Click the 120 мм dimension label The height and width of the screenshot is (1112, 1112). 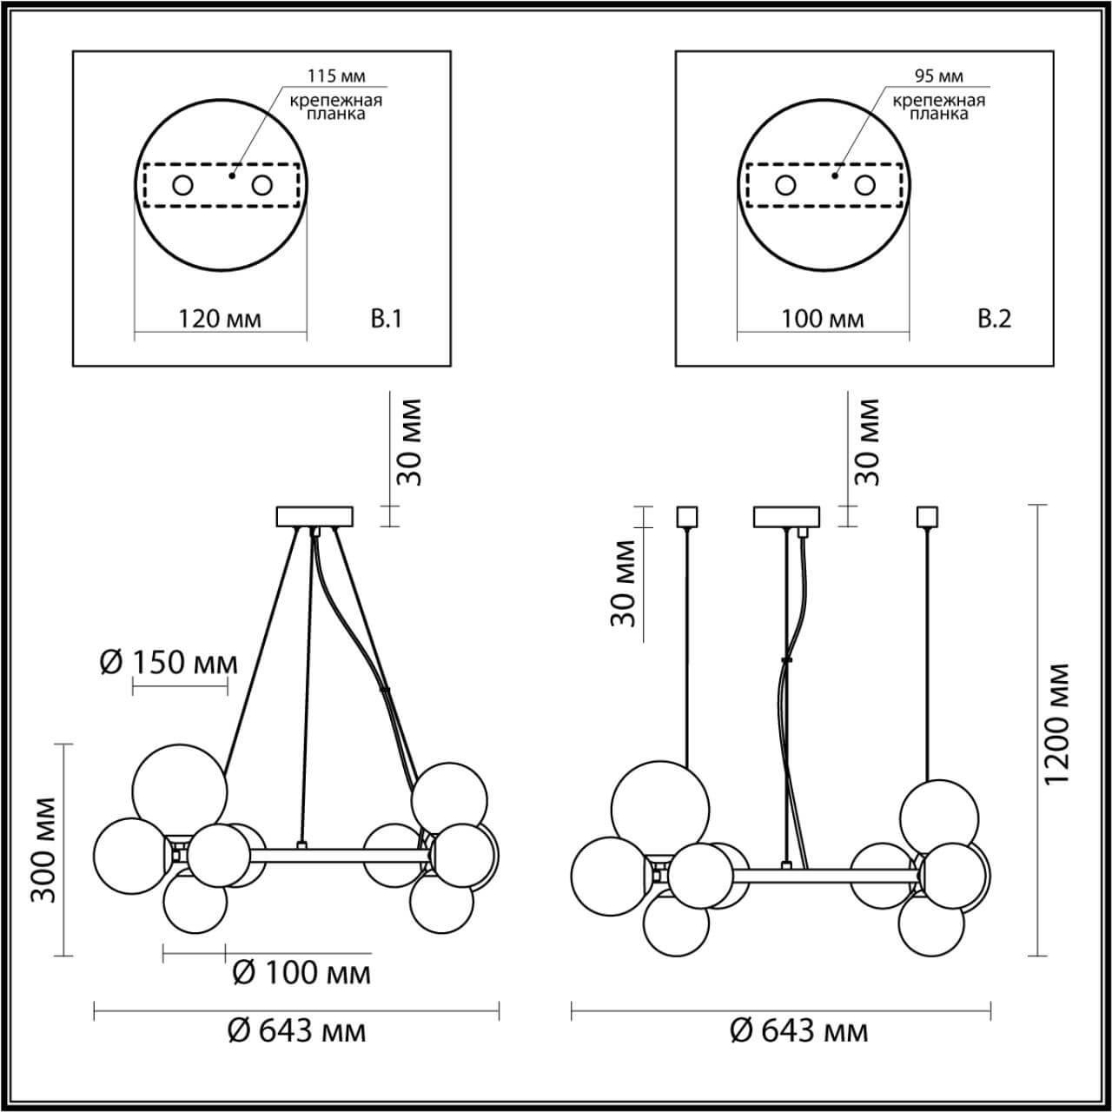coord(220,320)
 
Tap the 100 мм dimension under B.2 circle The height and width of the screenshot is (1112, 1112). coord(822,319)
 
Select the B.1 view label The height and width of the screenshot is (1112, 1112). coord(387,320)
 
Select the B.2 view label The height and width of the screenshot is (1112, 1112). coord(995,320)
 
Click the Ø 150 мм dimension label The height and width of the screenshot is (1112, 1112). coord(169,663)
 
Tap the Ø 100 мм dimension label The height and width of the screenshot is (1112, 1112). coord(301,972)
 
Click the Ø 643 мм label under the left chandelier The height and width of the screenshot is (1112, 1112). coord(296,1031)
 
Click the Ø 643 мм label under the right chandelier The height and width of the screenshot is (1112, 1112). coord(798,1031)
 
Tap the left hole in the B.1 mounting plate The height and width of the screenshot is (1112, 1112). coord(182,185)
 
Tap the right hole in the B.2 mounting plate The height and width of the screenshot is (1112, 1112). coord(864,185)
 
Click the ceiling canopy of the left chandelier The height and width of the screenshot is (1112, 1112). coord(314,517)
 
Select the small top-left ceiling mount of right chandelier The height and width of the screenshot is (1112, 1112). coord(687,517)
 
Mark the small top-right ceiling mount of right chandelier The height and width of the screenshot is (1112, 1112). coord(928,517)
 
